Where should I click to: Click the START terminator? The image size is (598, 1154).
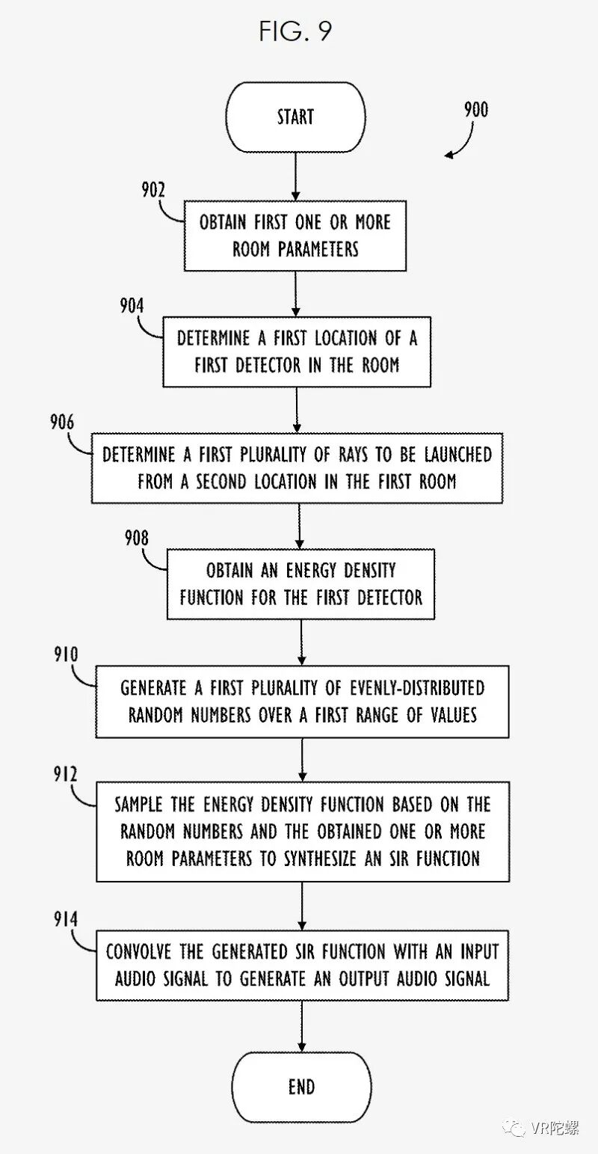(296, 117)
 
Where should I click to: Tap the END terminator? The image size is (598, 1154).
(301, 1087)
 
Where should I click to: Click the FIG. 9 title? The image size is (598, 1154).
(295, 31)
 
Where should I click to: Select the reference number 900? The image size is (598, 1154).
(475, 111)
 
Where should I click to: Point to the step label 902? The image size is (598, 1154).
(153, 189)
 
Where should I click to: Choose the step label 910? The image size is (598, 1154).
(65, 655)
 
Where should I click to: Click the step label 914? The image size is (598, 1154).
(65, 919)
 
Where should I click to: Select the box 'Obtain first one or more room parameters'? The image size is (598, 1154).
(295, 236)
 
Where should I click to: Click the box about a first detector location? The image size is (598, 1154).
(297, 352)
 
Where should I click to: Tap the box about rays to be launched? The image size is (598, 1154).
(297, 467)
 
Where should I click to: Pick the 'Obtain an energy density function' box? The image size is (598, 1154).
(300, 584)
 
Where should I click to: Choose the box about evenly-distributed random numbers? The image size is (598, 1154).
(302, 702)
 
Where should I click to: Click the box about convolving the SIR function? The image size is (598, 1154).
(302, 965)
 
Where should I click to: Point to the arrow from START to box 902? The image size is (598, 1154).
(296, 177)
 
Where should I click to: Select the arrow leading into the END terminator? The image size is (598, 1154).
(301, 1025)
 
